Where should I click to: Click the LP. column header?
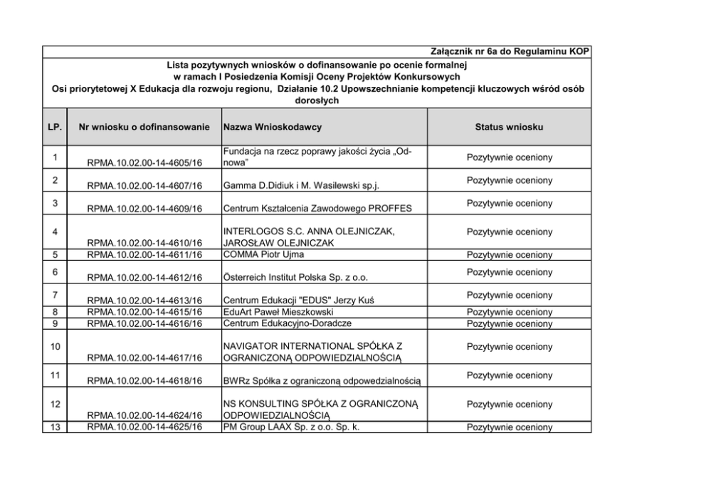tap(53, 127)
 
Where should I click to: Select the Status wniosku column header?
tap(509, 127)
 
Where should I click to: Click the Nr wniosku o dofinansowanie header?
tap(144, 127)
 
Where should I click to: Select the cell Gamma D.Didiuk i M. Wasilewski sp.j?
tap(301, 187)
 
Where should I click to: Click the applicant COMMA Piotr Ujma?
tap(258, 254)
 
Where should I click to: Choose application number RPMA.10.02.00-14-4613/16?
tap(144, 301)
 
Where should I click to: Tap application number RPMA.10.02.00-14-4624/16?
tap(144, 415)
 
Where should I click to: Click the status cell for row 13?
tap(509, 427)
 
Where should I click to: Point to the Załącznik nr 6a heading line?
tap(510, 52)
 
